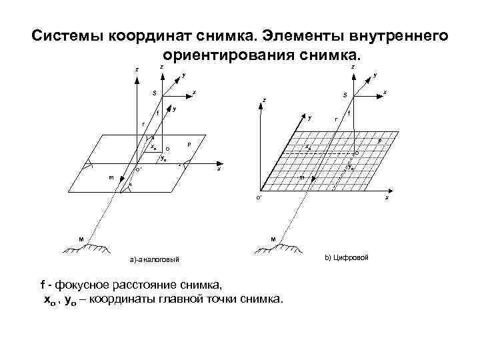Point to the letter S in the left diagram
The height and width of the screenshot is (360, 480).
pyautogui.click(x=154, y=93)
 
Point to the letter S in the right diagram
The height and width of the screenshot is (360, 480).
pyautogui.click(x=345, y=95)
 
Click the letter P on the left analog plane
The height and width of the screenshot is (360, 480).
pyautogui.click(x=189, y=144)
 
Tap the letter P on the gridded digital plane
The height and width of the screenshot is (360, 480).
pyautogui.click(x=379, y=141)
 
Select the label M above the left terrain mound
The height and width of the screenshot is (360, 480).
pyautogui.click(x=81, y=238)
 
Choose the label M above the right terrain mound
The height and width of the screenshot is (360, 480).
pyautogui.click(x=273, y=238)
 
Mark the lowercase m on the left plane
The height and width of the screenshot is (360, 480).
pyautogui.click(x=111, y=177)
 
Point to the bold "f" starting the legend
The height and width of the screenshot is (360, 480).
pyautogui.click(x=43, y=287)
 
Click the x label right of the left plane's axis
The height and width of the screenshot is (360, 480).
pyautogui.click(x=218, y=169)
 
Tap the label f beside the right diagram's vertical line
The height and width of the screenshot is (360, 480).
pyautogui.click(x=349, y=115)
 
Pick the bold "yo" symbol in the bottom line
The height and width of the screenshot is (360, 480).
pyautogui.click(x=69, y=300)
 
